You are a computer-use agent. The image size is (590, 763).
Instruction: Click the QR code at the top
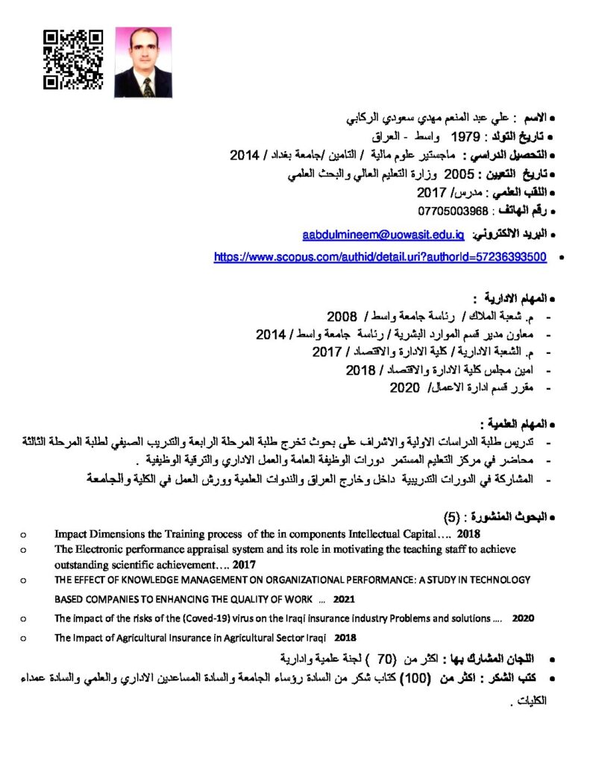[x=72, y=60]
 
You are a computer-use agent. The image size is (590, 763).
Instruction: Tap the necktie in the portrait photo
[x=147, y=87]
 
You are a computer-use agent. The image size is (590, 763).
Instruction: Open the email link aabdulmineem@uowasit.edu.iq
[x=383, y=235]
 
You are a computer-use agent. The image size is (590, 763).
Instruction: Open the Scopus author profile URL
[x=380, y=257]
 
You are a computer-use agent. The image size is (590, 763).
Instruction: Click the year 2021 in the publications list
[x=344, y=599]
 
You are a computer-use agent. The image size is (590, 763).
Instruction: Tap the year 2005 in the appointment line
[x=459, y=175]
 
